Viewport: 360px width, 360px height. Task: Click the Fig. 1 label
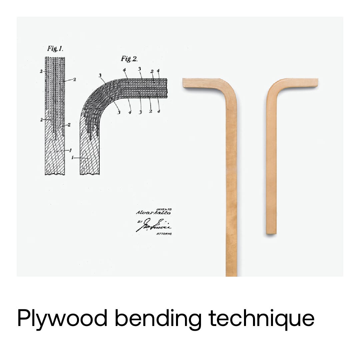point(55,49)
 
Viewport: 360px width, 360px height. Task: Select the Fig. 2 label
point(129,59)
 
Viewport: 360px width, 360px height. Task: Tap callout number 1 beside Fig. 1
point(70,150)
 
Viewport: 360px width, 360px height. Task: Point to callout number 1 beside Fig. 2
point(72,157)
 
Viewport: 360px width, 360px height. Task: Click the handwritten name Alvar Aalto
point(153,212)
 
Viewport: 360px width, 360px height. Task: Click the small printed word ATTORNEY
point(164,234)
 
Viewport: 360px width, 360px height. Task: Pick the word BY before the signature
point(139,221)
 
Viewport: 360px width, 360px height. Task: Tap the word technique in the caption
point(262,318)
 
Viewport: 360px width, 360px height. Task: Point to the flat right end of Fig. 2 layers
point(166,88)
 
